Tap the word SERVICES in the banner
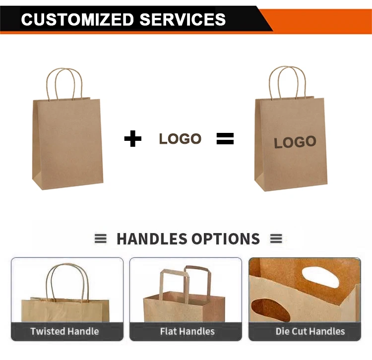pyautogui.click(x=183, y=19)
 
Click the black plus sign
pyautogui.click(x=132, y=139)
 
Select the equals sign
pyautogui.click(x=225, y=139)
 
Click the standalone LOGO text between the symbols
pyautogui.click(x=180, y=139)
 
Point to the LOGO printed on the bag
pyautogui.click(x=295, y=142)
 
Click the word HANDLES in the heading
pyautogui.click(x=152, y=239)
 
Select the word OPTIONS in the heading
pyautogui.click(x=226, y=239)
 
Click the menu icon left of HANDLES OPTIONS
pyautogui.click(x=100, y=239)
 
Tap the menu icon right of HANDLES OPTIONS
pyautogui.click(x=276, y=239)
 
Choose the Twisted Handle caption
pyautogui.click(x=64, y=331)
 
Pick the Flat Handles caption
pyautogui.click(x=187, y=331)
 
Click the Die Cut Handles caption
pyautogui.click(x=310, y=331)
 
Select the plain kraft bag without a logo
pyautogui.click(x=68, y=141)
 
